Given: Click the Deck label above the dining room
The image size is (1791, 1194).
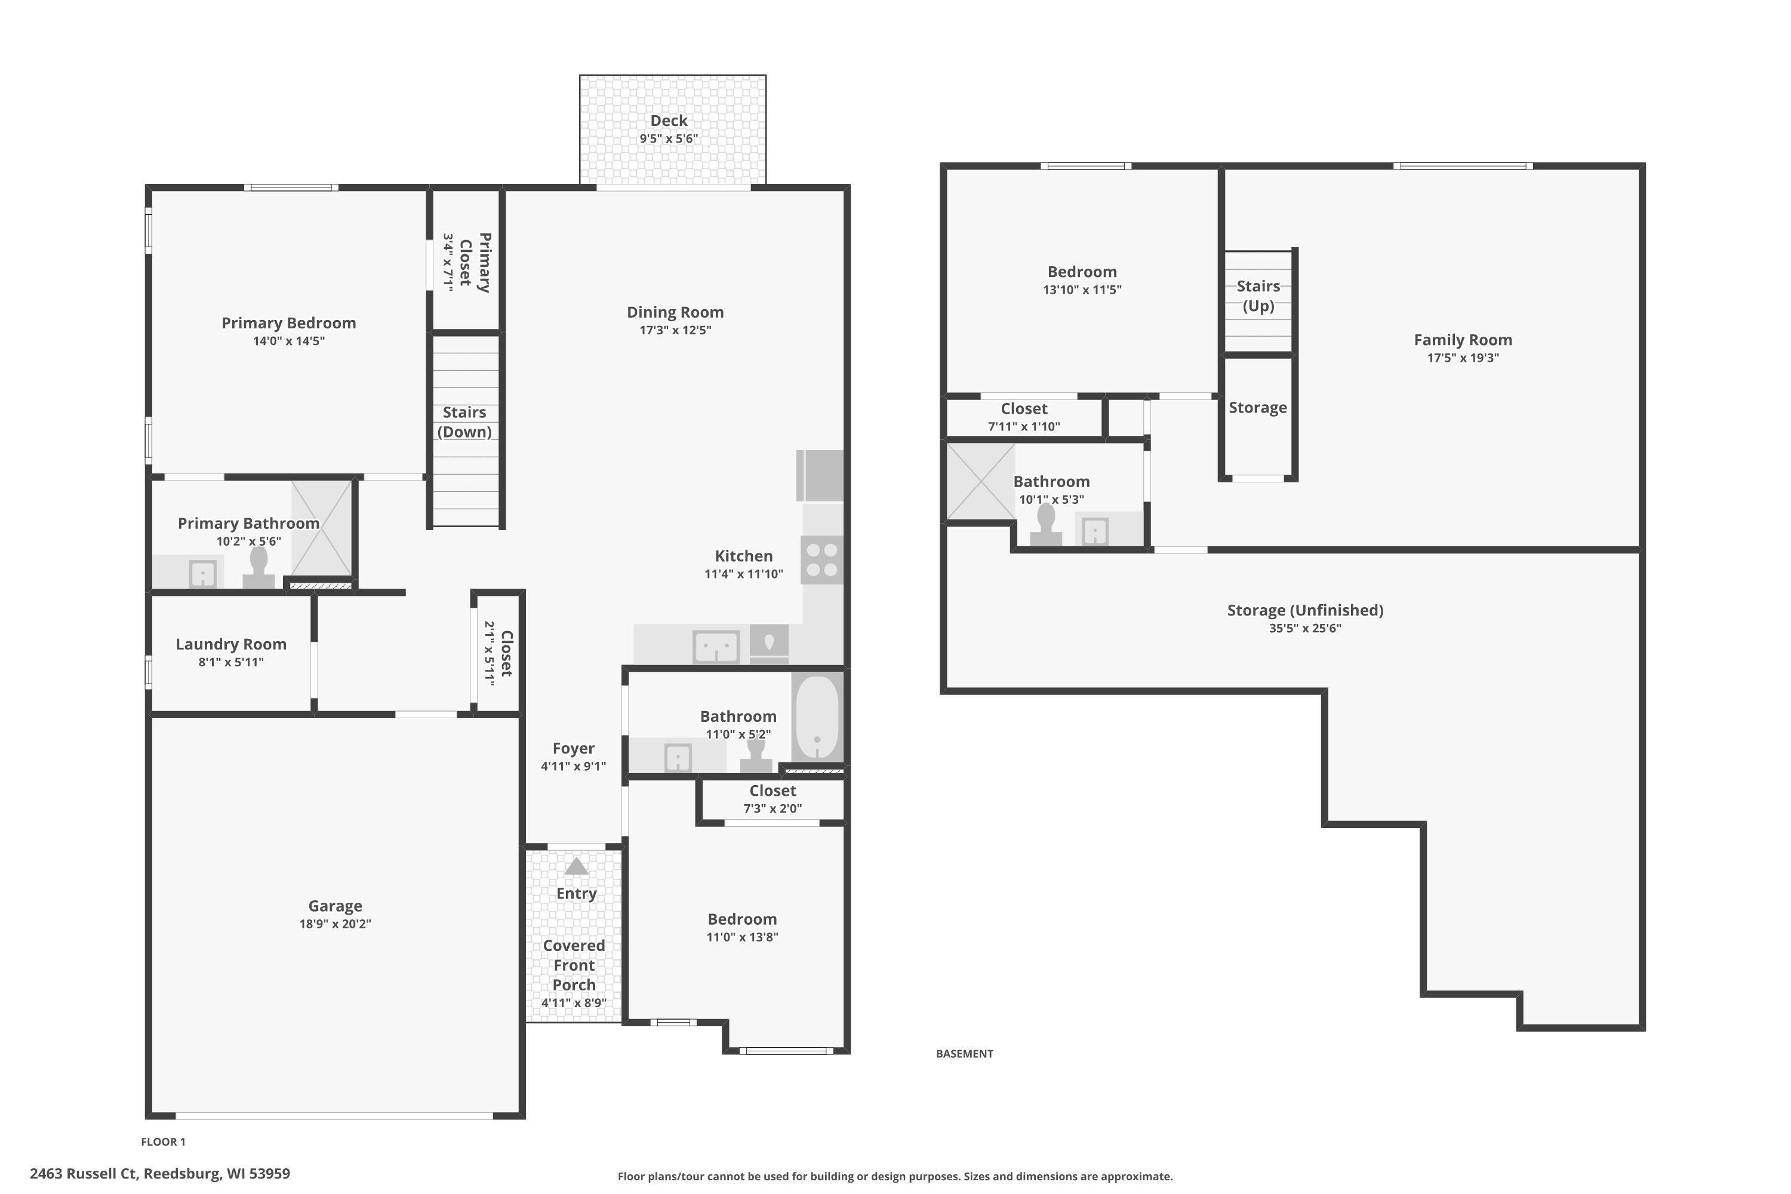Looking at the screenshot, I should coord(669,121).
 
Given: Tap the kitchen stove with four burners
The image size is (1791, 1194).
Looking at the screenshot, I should coord(821,560).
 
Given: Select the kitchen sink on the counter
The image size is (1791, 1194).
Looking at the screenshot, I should coord(716,647).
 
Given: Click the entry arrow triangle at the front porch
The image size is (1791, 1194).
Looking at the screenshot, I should coord(577,867).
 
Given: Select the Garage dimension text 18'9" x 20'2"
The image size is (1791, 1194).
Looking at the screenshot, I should coord(335,924).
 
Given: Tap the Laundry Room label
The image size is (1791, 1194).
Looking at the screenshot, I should coord(232,644).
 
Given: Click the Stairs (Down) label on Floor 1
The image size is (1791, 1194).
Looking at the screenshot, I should coord(464,422).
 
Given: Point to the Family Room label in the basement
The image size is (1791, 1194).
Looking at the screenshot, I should coord(1463,340).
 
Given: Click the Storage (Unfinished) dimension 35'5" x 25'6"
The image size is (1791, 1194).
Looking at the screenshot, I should coord(1304,628).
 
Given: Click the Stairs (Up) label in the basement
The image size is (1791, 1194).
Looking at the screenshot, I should coord(1258,296).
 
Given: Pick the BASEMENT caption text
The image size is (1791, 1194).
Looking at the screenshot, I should coord(964,1054).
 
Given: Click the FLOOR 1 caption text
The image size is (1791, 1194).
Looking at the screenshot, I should coord(163,1141).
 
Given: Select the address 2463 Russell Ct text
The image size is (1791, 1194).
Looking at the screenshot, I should coord(160,1174).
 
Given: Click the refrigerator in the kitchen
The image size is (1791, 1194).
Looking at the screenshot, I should coord(820,475).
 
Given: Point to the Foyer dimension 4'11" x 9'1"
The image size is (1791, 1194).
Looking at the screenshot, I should coord(573,766).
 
